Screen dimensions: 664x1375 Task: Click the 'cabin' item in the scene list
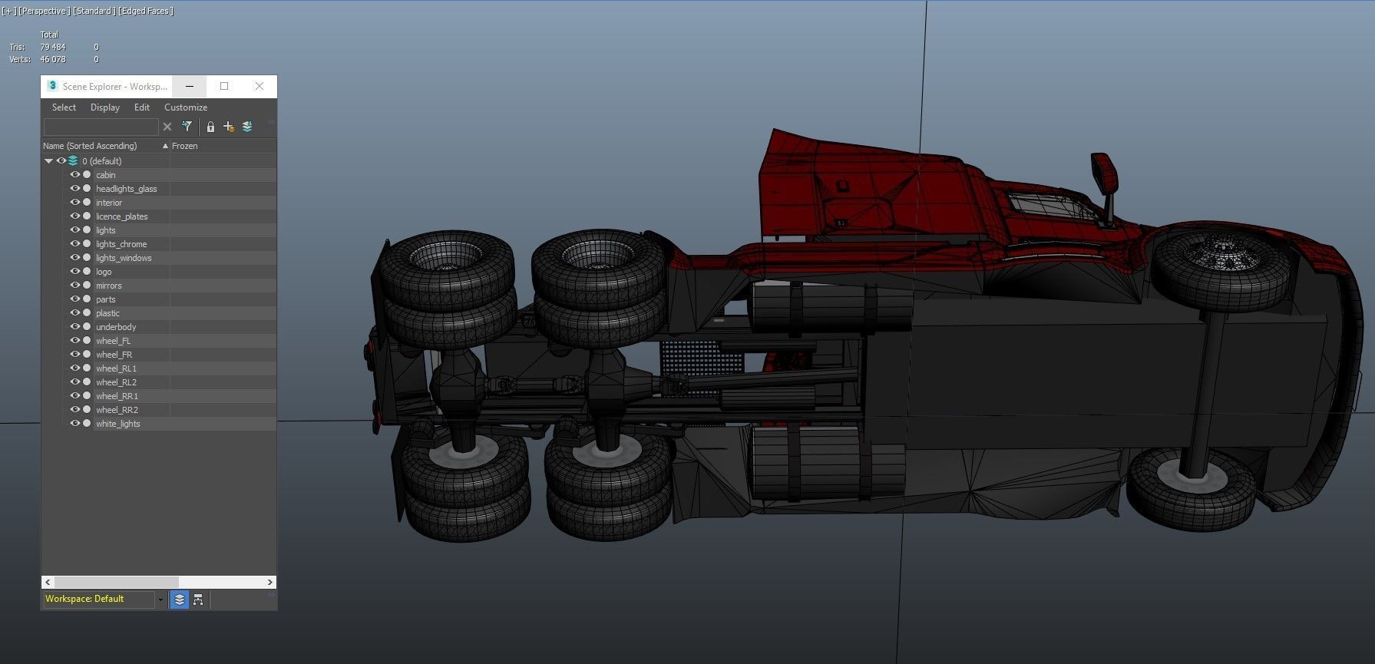[x=106, y=175]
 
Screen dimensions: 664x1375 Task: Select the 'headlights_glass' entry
[x=126, y=189]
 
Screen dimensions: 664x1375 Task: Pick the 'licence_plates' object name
[x=121, y=216]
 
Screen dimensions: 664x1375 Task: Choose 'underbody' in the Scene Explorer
[x=116, y=327]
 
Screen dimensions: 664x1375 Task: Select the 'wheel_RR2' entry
[x=117, y=410]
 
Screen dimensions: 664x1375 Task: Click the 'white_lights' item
[x=117, y=424]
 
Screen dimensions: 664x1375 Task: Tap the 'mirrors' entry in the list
[x=108, y=286]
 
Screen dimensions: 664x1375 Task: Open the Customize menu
[x=186, y=107]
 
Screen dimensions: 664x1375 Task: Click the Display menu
[x=105, y=107]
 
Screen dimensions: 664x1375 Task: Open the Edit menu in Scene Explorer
[x=142, y=107]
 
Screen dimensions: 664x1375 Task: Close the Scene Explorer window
[x=259, y=86]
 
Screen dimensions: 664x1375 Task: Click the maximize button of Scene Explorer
[x=224, y=86]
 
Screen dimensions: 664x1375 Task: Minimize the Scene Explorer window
[x=190, y=86]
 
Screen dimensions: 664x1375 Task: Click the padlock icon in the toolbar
[x=210, y=127]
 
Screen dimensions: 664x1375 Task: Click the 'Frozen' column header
[x=185, y=146]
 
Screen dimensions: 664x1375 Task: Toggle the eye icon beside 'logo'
[x=75, y=272]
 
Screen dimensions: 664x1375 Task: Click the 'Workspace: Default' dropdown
[x=100, y=599]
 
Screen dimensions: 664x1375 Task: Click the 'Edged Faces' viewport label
[x=145, y=11]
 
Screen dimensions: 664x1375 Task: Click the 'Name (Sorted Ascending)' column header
[x=90, y=146]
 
